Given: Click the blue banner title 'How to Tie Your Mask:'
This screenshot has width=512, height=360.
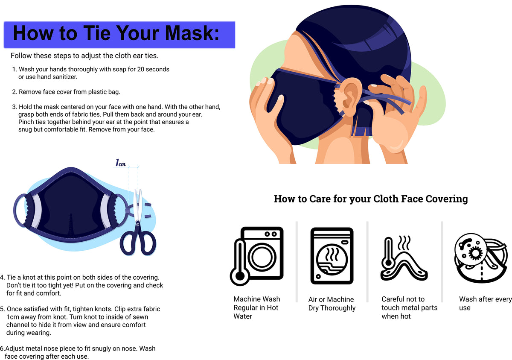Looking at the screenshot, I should coord(116,34).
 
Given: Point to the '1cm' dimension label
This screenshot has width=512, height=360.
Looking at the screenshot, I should coord(121,163).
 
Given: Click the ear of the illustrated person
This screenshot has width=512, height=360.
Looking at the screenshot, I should coord(350,94).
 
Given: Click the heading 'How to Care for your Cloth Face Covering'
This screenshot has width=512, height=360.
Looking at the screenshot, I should coord(370,199).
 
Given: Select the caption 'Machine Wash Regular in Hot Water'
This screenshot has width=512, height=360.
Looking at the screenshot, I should coord(256,307).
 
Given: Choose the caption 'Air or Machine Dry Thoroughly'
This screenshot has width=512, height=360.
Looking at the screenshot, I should coord(332,304).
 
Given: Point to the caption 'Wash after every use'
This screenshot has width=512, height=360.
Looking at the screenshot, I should coord(485,303).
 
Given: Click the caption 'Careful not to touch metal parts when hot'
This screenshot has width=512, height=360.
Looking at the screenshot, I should coord(409,307).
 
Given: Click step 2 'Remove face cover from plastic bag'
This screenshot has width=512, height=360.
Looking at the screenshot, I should coord(66,91).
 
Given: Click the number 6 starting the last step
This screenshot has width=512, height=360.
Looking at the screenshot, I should coord(2,348).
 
